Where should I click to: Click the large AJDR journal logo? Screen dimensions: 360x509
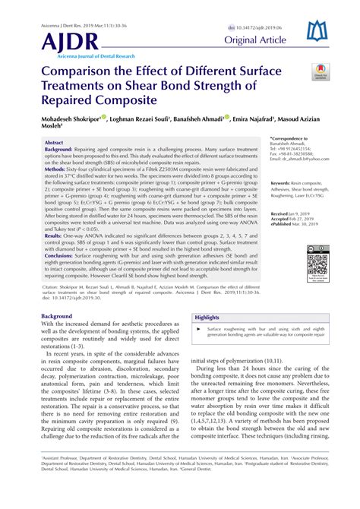70,41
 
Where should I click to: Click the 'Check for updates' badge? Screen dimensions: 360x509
319,73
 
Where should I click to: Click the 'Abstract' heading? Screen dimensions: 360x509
55,142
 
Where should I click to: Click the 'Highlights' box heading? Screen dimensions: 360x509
207,318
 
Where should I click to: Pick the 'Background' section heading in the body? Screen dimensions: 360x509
57,315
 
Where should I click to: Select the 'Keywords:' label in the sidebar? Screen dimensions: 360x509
305,183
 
